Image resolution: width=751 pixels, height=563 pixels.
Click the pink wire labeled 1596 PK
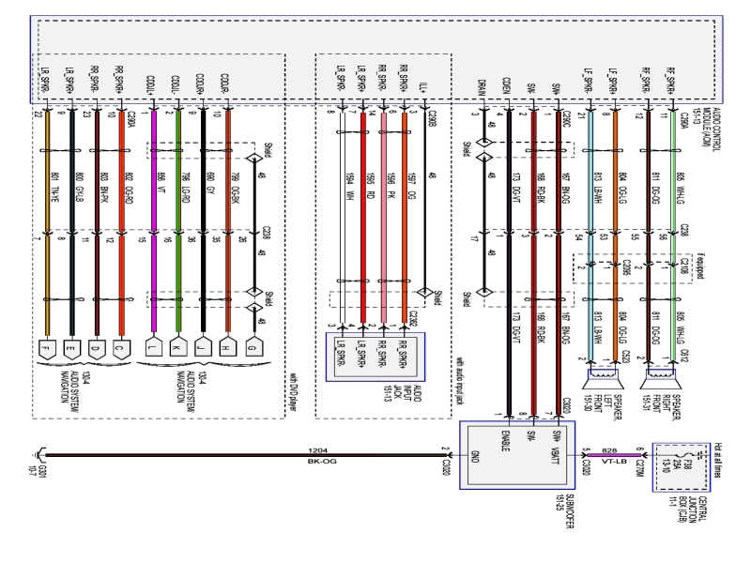point(383,235)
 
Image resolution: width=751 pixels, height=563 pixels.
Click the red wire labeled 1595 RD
point(362,235)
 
